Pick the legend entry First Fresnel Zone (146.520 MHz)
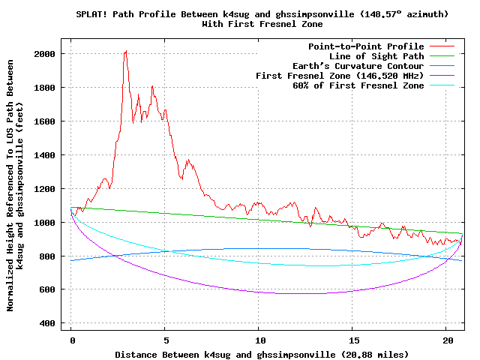tap(340, 76)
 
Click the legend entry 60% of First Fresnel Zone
tap(358, 85)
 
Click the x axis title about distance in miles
tap(262, 353)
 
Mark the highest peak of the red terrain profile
tap(125, 51)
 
